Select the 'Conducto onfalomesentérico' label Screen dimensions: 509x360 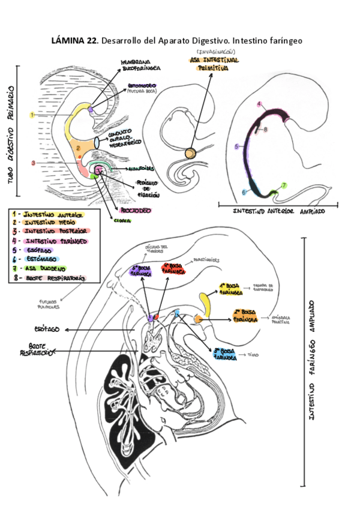coord(124,140)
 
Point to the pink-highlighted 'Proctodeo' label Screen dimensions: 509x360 coord(138,211)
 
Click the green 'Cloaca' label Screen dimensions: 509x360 coord(122,220)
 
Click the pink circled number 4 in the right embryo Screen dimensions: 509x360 coord(259,104)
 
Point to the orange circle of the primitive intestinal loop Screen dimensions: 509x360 coord(190,154)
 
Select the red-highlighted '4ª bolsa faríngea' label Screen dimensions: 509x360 coord(174,267)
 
